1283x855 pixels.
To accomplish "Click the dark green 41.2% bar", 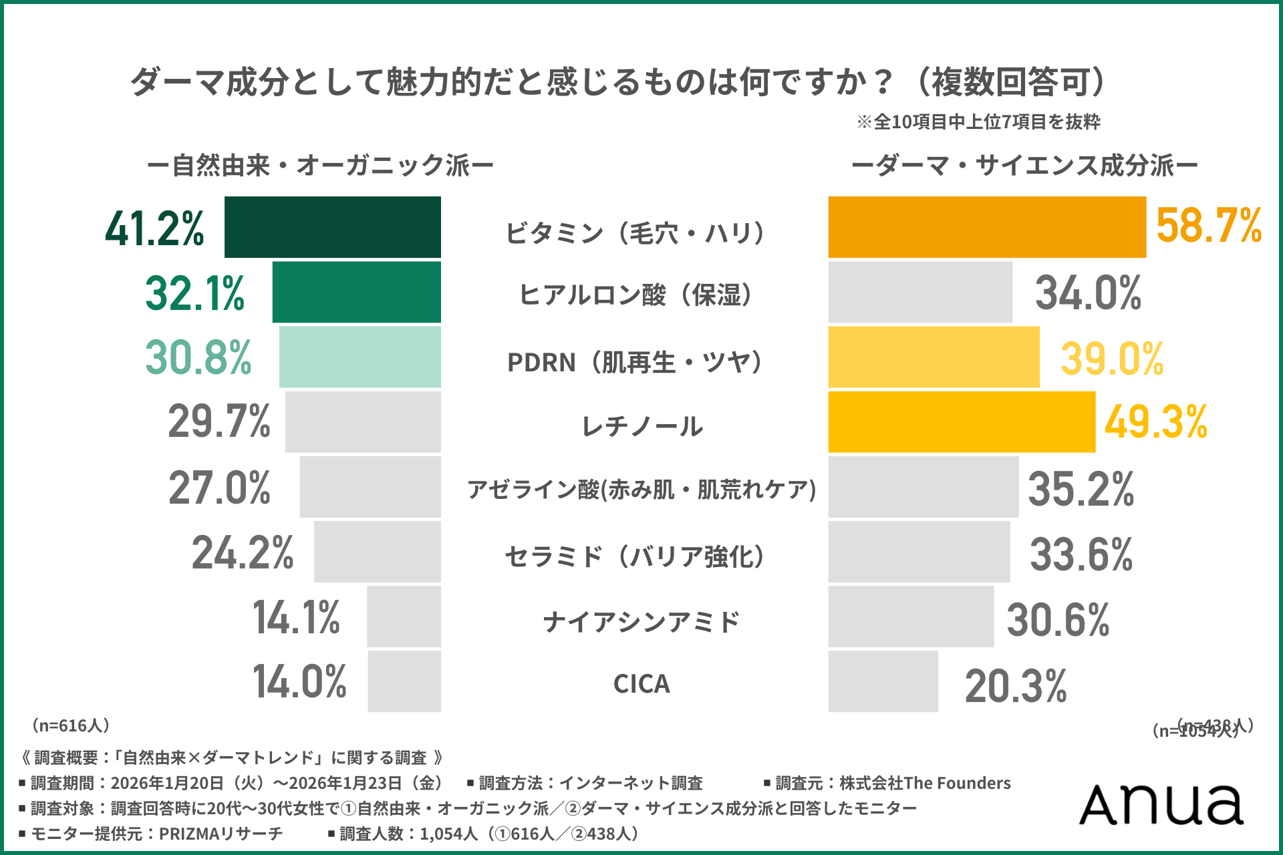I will pos(332,227).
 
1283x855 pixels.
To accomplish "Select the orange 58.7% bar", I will pos(987,227).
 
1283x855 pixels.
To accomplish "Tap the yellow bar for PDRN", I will pos(934,357).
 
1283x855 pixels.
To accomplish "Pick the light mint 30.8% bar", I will pos(360,357).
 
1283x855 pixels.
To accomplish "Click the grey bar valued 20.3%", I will pos(883,681).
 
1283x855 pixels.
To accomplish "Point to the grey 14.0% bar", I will pos(404,681).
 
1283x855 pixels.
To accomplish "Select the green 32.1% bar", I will pos(356,293).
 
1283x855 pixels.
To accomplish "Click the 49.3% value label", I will pos(1155,422).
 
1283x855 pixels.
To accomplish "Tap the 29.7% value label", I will pos(219,422).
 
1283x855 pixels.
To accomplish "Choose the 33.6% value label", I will pos(1081,554).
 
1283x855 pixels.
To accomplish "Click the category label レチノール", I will pos(641,426).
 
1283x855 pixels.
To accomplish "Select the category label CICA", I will pos(641,684).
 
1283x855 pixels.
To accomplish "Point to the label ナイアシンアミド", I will pos(641,622).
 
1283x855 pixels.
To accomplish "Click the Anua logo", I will pos(1161,804).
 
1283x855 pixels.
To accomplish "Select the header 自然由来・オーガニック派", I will pos(320,166).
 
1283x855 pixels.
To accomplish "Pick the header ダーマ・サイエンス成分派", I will pos(1024,166).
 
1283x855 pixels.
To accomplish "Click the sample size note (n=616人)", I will pos(70,725).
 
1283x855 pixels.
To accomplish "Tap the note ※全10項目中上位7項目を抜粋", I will pos(978,122).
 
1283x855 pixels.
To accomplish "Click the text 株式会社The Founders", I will pos(925,783).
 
